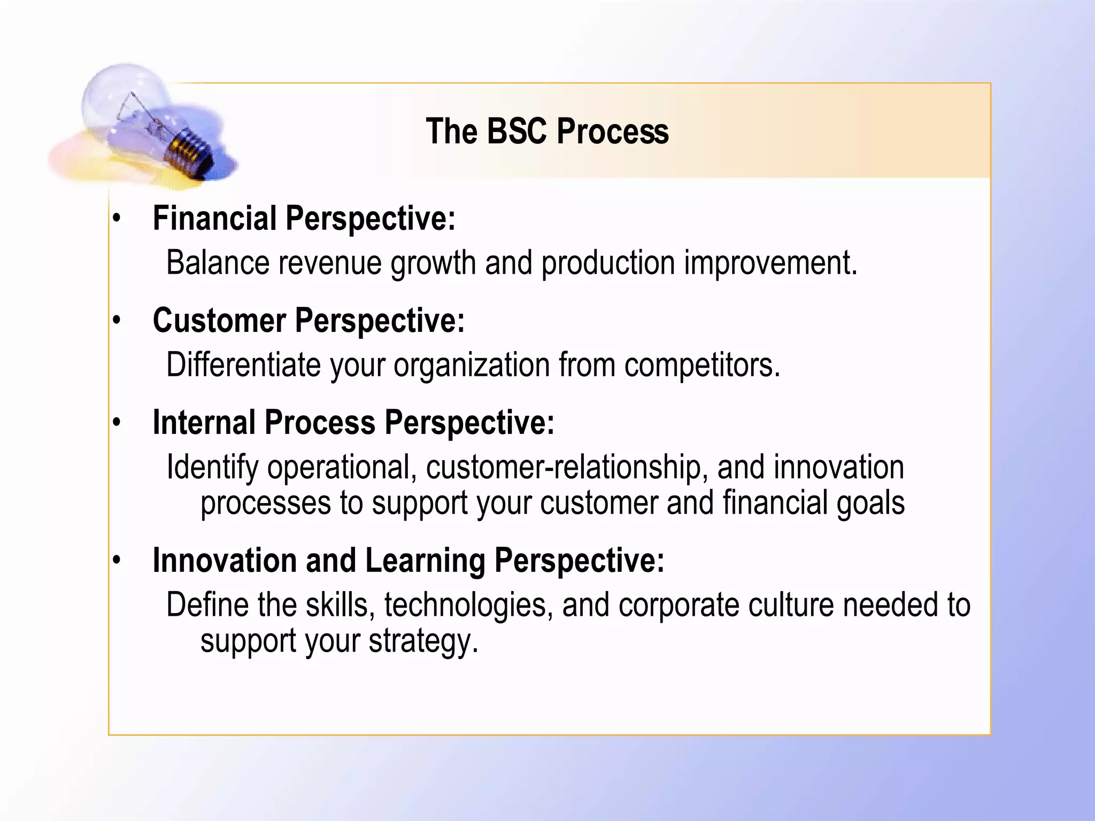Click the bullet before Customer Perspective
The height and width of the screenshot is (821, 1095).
[x=117, y=320]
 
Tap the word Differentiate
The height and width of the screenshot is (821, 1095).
[x=243, y=365]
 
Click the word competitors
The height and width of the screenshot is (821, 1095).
[x=702, y=365]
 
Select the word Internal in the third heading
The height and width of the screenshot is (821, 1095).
[x=204, y=423]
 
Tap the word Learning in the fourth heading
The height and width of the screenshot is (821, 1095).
[x=425, y=561]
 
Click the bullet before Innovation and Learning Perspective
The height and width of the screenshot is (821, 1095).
[x=117, y=561]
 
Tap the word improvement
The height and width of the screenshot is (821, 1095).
[x=770, y=263]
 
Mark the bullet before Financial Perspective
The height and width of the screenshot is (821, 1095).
[x=117, y=219]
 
